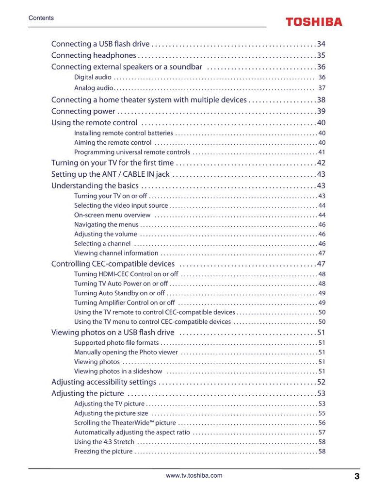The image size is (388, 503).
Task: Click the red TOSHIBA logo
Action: (313, 22)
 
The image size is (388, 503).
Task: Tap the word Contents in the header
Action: (41, 18)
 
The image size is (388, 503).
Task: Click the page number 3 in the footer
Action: (357, 476)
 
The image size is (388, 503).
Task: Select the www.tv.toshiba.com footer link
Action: (194, 476)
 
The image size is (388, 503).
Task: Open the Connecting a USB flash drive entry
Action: (100, 44)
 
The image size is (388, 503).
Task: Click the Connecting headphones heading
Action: (94, 55)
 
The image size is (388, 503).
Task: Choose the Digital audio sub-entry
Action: (93, 77)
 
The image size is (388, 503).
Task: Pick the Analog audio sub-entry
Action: (94, 88)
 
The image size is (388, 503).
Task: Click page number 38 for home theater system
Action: (321, 100)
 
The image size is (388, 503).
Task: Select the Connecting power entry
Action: (83, 111)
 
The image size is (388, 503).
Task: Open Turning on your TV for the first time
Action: (112, 163)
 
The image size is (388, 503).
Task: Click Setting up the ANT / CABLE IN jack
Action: (110, 174)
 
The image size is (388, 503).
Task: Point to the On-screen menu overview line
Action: (112, 215)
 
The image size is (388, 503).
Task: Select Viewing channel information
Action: (116, 253)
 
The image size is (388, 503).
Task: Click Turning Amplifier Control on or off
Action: (124, 303)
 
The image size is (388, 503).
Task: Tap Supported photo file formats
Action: (116, 343)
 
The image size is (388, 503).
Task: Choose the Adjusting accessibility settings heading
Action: (104, 382)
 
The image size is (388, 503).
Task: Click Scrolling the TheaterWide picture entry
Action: (125, 423)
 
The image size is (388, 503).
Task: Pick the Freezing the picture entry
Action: (103, 452)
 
